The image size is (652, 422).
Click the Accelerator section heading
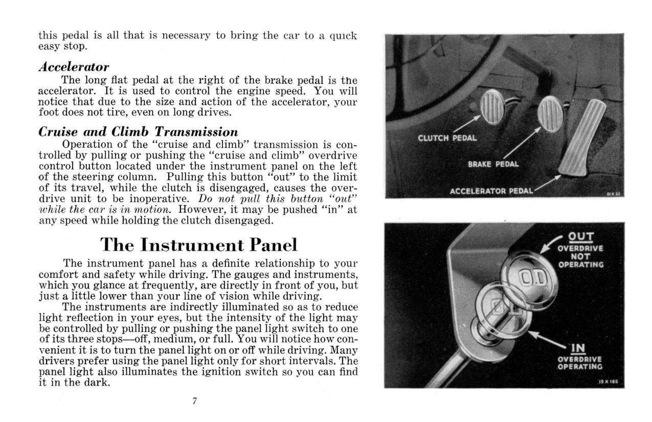coord(74,67)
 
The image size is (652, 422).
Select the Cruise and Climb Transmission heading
coord(138,131)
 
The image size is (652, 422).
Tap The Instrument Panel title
coord(198,245)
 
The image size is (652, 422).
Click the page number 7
coord(195,401)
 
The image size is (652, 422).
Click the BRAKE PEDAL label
coord(493,164)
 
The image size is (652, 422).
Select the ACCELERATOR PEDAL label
coord(491,191)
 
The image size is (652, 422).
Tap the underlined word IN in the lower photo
coord(577,348)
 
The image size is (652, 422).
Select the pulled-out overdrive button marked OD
coord(527,279)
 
